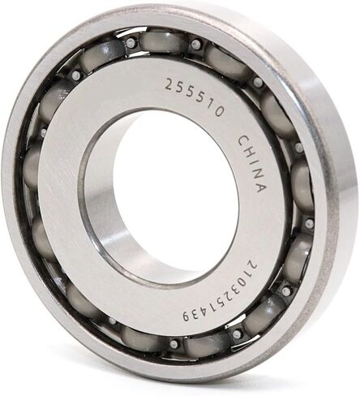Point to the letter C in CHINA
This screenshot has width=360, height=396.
pos(241,140)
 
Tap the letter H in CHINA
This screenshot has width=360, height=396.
pos(246,151)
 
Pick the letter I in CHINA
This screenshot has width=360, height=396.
pos(251,162)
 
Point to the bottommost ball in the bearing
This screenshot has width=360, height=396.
pos(203,345)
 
